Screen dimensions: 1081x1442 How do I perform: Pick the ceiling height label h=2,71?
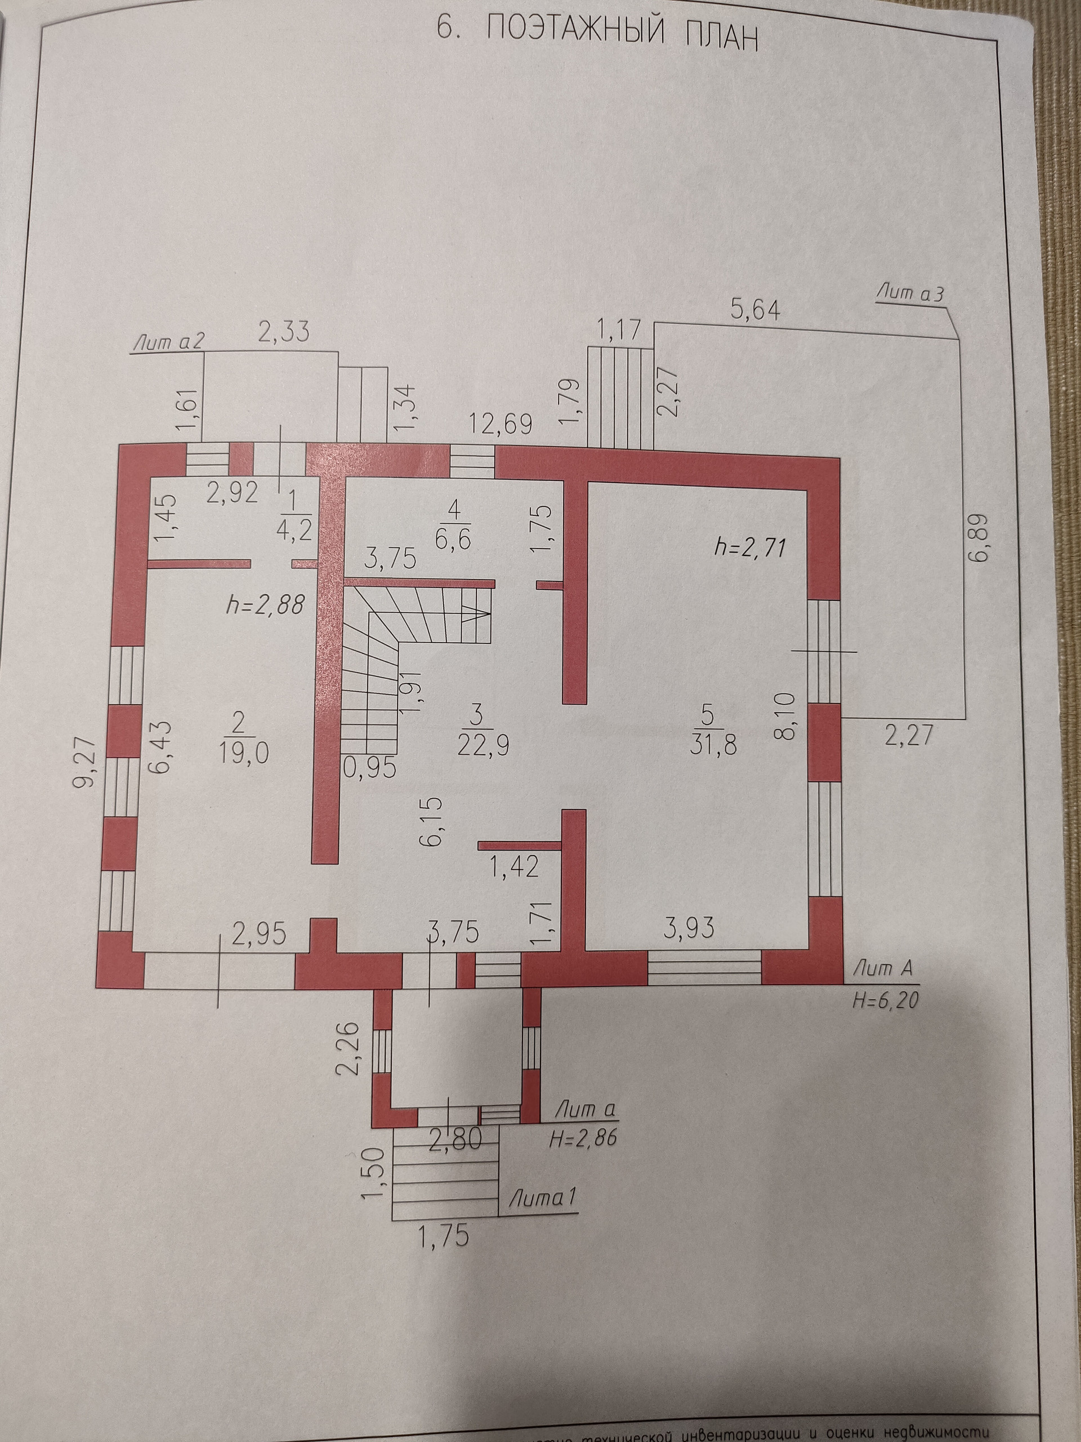pos(750,547)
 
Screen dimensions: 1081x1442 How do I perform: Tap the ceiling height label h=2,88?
pos(265,605)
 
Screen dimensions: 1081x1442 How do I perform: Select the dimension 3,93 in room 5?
pos(688,927)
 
